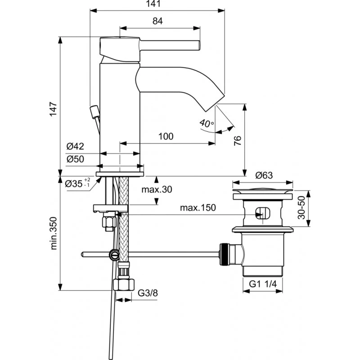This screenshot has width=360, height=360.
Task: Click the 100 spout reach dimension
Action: pyautogui.click(x=166, y=136)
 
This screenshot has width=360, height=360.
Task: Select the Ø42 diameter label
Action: pyautogui.click(x=75, y=146)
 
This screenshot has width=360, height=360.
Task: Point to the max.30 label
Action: pyautogui.click(x=157, y=189)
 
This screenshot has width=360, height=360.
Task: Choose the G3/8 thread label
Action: pyautogui.click(x=147, y=293)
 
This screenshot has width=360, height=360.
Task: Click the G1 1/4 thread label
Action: pyautogui.click(x=264, y=284)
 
